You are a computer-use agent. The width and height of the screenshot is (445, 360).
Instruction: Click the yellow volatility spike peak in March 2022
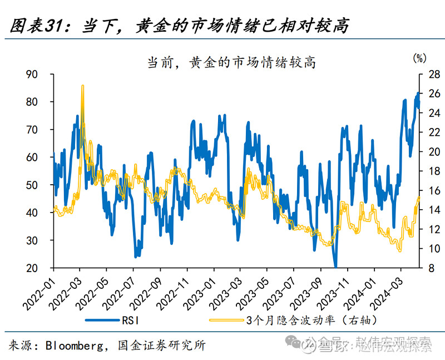[x=82, y=87]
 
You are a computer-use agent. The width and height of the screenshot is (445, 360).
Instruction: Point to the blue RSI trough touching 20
[x=335, y=266]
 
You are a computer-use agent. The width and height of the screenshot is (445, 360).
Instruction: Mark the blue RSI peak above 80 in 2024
[x=419, y=93]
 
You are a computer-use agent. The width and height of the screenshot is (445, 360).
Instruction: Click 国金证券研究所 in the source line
[x=162, y=346]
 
